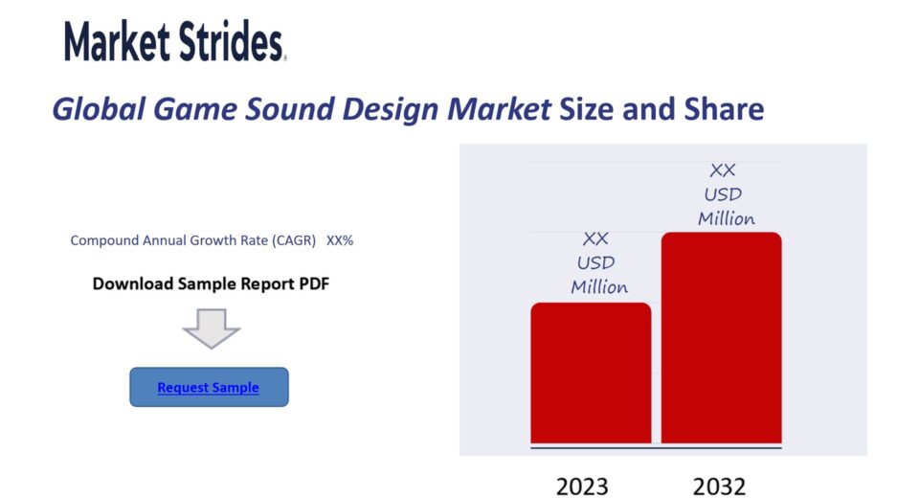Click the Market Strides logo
pyautogui.click(x=175, y=41)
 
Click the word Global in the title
pyautogui.click(x=99, y=110)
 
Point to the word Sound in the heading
pyautogui.click(x=289, y=109)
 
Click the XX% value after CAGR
pyautogui.click(x=340, y=240)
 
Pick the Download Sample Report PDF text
pyautogui.click(x=211, y=283)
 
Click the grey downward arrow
pyautogui.click(x=211, y=328)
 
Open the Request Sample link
pyautogui.click(x=208, y=387)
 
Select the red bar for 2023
pyautogui.click(x=591, y=373)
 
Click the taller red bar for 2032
pyautogui.click(x=722, y=338)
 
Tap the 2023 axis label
pyautogui.click(x=582, y=487)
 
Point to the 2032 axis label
pyautogui.click(x=719, y=487)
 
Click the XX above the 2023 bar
pyautogui.click(x=595, y=238)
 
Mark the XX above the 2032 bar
pyautogui.click(x=722, y=170)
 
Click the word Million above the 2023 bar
pyautogui.click(x=599, y=287)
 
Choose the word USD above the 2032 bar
pyautogui.click(x=723, y=194)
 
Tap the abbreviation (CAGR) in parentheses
pyautogui.click(x=294, y=240)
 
